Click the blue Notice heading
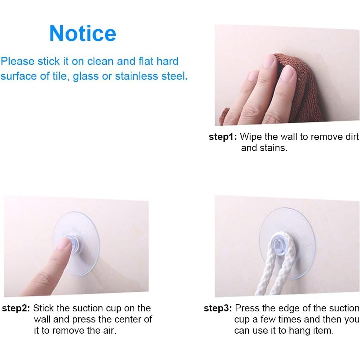(83, 33)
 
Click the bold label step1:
(223, 137)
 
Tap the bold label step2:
(17, 308)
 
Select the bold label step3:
(218, 308)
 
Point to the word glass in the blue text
(86, 77)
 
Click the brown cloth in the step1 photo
(297, 89)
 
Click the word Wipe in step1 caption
(250, 137)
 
